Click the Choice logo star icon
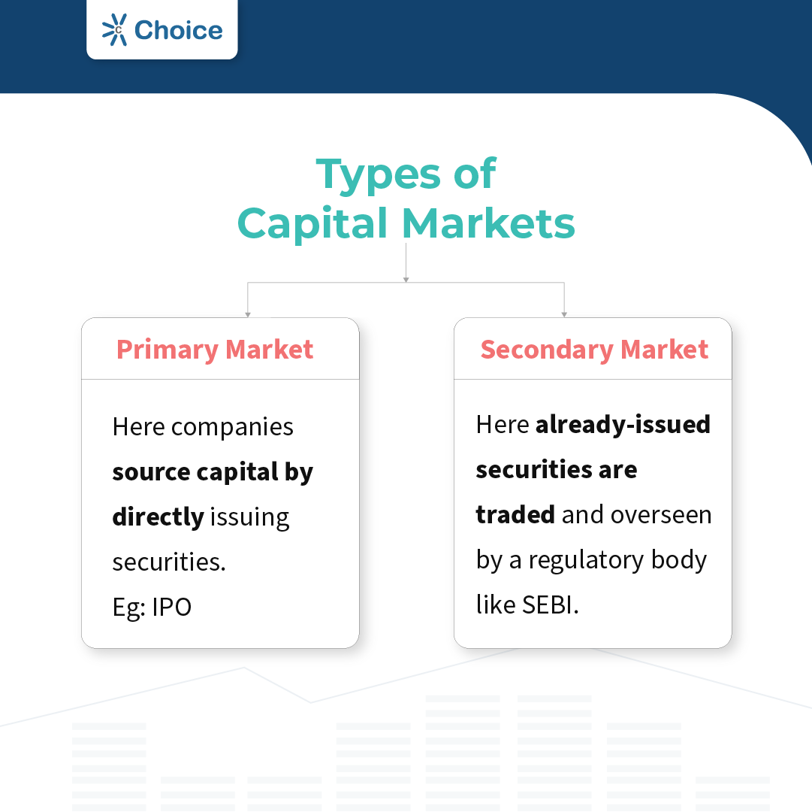point(116,30)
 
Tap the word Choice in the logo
point(178,30)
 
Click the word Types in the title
point(377,174)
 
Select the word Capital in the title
point(314,224)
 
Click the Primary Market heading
point(215,350)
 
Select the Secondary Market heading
point(594,350)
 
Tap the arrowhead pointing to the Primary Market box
point(247,314)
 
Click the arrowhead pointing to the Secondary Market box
point(564,314)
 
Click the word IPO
point(172,607)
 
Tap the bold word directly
point(158,517)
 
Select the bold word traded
point(515,515)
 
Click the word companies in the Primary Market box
point(232,428)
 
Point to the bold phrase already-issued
point(623,425)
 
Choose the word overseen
point(661,515)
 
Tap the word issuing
point(249,517)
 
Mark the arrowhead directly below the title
point(406,280)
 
